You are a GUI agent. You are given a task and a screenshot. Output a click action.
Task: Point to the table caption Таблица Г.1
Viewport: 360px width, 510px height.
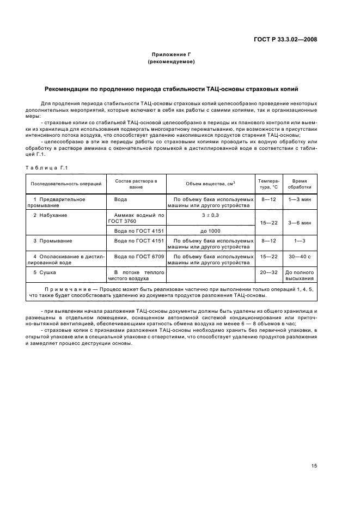click(46, 167)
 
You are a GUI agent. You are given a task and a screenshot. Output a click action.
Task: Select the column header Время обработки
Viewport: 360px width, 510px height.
click(300, 183)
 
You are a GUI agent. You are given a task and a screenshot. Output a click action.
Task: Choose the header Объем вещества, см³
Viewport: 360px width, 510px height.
click(210, 183)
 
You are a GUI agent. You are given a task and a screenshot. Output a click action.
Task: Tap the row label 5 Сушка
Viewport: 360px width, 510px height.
click(45, 271)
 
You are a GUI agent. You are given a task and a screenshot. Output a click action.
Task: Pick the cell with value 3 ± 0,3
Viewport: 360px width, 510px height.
click(210, 215)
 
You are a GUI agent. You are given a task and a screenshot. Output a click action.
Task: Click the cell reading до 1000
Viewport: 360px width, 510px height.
click(210, 230)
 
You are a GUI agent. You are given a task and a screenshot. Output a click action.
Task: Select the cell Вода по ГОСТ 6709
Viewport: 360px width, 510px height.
click(136, 256)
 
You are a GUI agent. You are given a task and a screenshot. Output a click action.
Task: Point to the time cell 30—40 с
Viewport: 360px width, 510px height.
click(300, 256)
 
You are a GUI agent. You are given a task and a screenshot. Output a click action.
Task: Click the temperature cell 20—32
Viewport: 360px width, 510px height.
click(269, 271)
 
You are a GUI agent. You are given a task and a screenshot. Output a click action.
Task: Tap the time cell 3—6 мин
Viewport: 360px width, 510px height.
click(300, 223)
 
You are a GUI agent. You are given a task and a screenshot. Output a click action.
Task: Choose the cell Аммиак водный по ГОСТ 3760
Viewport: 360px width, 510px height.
click(136, 218)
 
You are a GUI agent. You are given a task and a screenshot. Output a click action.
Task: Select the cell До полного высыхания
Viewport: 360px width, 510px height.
click(300, 274)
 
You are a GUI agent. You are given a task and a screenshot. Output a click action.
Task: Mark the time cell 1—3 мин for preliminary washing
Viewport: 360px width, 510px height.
click(300, 199)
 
